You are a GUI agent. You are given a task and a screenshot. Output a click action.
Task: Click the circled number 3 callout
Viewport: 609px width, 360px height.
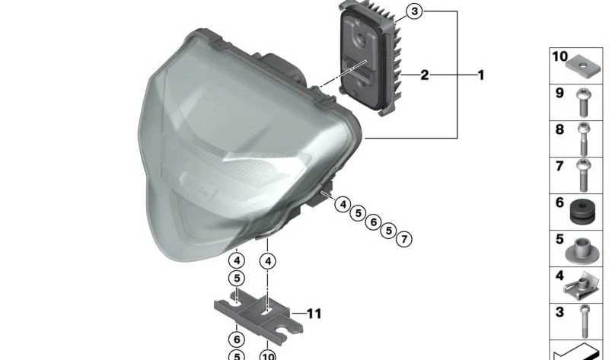pos(414,11)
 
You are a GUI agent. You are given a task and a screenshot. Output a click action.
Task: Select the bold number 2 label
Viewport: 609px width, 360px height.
pos(425,75)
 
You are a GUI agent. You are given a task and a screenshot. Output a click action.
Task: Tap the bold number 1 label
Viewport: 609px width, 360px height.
pos(481,75)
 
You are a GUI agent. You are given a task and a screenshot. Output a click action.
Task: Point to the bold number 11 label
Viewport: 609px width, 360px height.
pos(314,314)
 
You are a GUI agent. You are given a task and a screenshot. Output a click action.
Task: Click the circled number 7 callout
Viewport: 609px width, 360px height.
pos(404,239)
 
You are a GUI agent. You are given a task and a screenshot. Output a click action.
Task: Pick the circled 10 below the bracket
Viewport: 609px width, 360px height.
pos(268,355)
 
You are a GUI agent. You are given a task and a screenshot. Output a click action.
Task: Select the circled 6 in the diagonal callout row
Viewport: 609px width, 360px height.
pos(373,221)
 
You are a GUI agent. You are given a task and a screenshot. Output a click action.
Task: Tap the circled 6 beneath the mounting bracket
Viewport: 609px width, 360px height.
pos(237,339)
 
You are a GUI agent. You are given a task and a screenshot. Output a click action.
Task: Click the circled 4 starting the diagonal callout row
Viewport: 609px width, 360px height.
pos(343,204)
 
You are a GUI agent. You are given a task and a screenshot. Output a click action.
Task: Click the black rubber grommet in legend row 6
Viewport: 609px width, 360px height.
pos(582,212)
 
